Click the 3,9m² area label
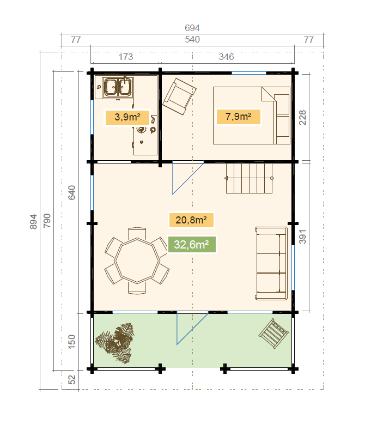pyautogui.click(x=127, y=117)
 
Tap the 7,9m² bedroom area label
pyautogui.click(x=239, y=117)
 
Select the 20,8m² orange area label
pyautogui.click(x=191, y=220)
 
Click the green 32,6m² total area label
pyautogui.click(x=192, y=244)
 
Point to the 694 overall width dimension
pyautogui.click(x=192, y=28)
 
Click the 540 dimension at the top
pyautogui.click(x=192, y=39)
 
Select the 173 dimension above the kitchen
pyautogui.click(x=125, y=57)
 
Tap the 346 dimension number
pyautogui.click(x=226, y=57)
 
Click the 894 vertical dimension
pyautogui.click(x=33, y=222)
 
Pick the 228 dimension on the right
pyautogui.click(x=302, y=118)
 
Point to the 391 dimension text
pyautogui.click(x=302, y=237)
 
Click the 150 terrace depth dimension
pyautogui.click(x=71, y=342)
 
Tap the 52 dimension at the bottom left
pyautogui.click(x=71, y=380)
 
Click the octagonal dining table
pyautogui.click(x=137, y=261)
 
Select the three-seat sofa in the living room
pyautogui.click(x=271, y=263)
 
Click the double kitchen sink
pyautogui.click(x=118, y=88)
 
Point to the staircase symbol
pyautogui.click(x=250, y=178)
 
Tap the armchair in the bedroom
pyautogui.click(x=179, y=96)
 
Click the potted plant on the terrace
pyautogui.click(x=115, y=343)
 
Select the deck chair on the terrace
pyautogui.click(x=273, y=334)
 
